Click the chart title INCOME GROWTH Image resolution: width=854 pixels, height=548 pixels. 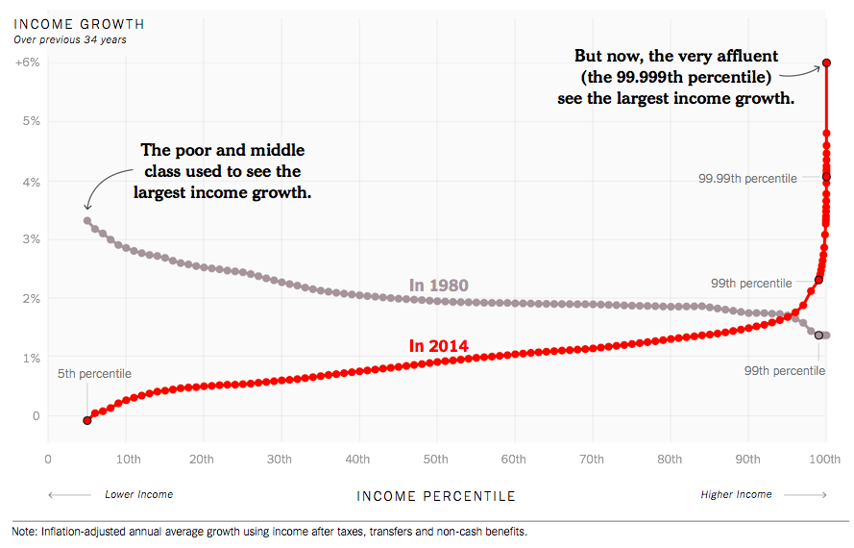tap(80, 23)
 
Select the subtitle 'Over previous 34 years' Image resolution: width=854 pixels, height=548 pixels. tap(69, 39)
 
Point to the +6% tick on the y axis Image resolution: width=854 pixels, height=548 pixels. tap(26, 62)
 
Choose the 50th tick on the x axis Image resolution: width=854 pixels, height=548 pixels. tap(435, 460)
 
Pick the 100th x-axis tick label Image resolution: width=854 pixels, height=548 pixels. tap(825, 460)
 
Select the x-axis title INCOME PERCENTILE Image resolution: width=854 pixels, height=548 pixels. tap(436, 496)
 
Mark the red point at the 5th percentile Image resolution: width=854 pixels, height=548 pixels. tap(87, 420)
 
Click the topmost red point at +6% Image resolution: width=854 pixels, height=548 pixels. tap(826, 63)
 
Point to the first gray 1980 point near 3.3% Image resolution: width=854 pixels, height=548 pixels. tap(87, 220)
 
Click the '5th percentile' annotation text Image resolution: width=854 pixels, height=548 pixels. tap(94, 373)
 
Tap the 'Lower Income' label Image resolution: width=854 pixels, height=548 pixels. tap(138, 494)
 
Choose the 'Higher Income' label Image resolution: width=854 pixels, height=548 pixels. tap(736, 494)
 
